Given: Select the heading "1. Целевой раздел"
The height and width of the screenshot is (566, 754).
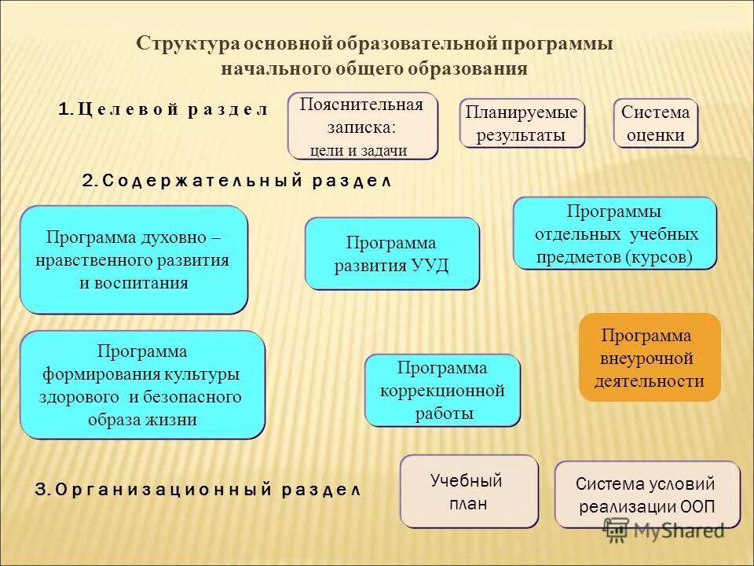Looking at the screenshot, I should pos(163,109).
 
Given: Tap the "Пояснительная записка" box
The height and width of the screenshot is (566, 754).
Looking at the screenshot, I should pos(362,126).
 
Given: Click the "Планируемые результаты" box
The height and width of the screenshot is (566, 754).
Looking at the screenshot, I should pos(522,123).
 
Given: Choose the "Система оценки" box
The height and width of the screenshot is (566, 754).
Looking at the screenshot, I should pos(656,123).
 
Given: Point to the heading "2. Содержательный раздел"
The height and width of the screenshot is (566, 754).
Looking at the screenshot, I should pos(236,181).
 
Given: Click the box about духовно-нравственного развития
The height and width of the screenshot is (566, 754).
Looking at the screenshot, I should pos(134,259).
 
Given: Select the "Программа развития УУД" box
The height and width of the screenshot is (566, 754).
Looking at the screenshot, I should pos(392,253).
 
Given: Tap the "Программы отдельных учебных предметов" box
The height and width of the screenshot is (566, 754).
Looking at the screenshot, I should pos(615,233).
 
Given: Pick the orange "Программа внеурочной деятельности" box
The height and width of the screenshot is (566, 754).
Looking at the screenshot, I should pos(650,358).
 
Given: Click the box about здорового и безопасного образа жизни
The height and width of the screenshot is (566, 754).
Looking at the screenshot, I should pos(142,384).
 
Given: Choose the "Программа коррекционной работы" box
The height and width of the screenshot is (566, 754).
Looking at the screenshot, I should pos(442,390).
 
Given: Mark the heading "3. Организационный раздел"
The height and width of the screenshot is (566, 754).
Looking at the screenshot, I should pos(197,489).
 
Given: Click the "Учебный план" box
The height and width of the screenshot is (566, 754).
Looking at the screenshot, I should pos(469,491).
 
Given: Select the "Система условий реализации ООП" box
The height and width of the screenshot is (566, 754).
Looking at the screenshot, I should pos(647,494).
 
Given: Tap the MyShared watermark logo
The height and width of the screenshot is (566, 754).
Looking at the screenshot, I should pos(664,531).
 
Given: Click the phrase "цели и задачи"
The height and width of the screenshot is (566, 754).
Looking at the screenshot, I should pos(358,151).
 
